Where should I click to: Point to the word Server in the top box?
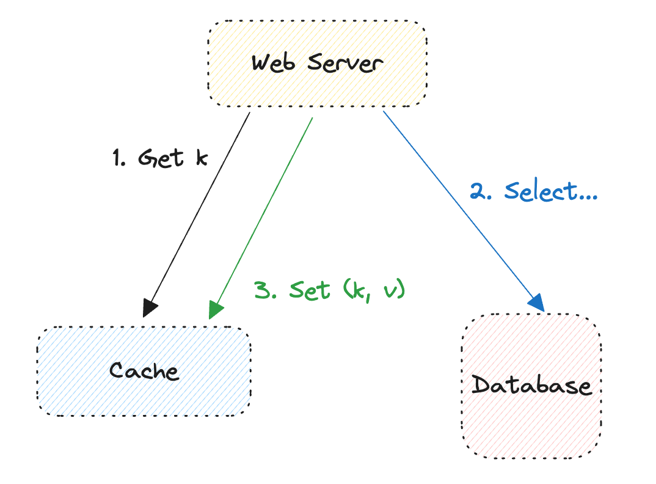[346, 63]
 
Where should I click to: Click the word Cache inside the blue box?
[144, 371]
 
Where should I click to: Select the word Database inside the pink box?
[531, 386]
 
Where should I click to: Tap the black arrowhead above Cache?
[150, 307]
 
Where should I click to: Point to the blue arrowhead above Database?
[535, 301]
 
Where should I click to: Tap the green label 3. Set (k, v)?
[329, 289]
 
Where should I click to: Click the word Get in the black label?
[161, 158]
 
